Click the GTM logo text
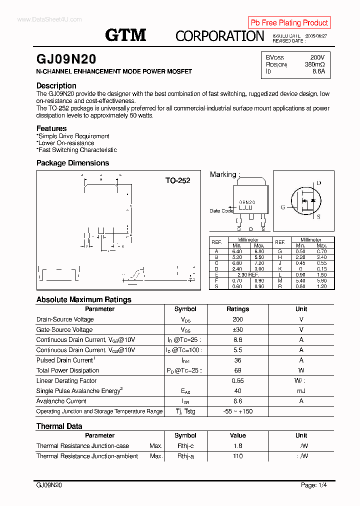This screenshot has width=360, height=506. pyautogui.click(x=125, y=34)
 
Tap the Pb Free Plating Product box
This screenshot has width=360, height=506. pyautogui.click(x=289, y=22)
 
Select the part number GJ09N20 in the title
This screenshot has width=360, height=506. pyautogui.click(x=66, y=58)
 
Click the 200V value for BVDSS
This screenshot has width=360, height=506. pyautogui.click(x=317, y=57)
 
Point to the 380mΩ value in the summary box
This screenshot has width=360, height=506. pyautogui.click(x=314, y=64)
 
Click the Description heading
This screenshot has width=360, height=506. pyautogui.click(x=56, y=85)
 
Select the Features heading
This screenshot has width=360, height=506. pyautogui.click(x=51, y=128)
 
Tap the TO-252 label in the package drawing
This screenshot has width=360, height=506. pyautogui.click(x=177, y=180)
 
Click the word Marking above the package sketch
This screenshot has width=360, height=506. pyautogui.click(x=223, y=174)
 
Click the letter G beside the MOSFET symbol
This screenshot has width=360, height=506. pyautogui.click(x=282, y=207)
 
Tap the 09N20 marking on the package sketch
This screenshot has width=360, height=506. pyautogui.click(x=247, y=202)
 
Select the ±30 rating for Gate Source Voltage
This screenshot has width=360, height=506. pyautogui.click(x=237, y=329)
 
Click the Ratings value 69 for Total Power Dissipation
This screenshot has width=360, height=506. pyautogui.click(x=237, y=370)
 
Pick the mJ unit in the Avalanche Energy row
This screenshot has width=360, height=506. pyautogui.click(x=301, y=391)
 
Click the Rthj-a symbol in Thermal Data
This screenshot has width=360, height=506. pyautogui.click(x=185, y=456)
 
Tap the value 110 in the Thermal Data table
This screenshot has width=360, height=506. pyautogui.click(x=237, y=456)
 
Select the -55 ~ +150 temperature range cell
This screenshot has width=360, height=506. pyautogui.click(x=237, y=411)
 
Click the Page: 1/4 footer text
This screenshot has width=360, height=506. pyautogui.click(x=314, y=485)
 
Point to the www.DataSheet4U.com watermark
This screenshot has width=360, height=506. pyautogui.click(x=49, y=19)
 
